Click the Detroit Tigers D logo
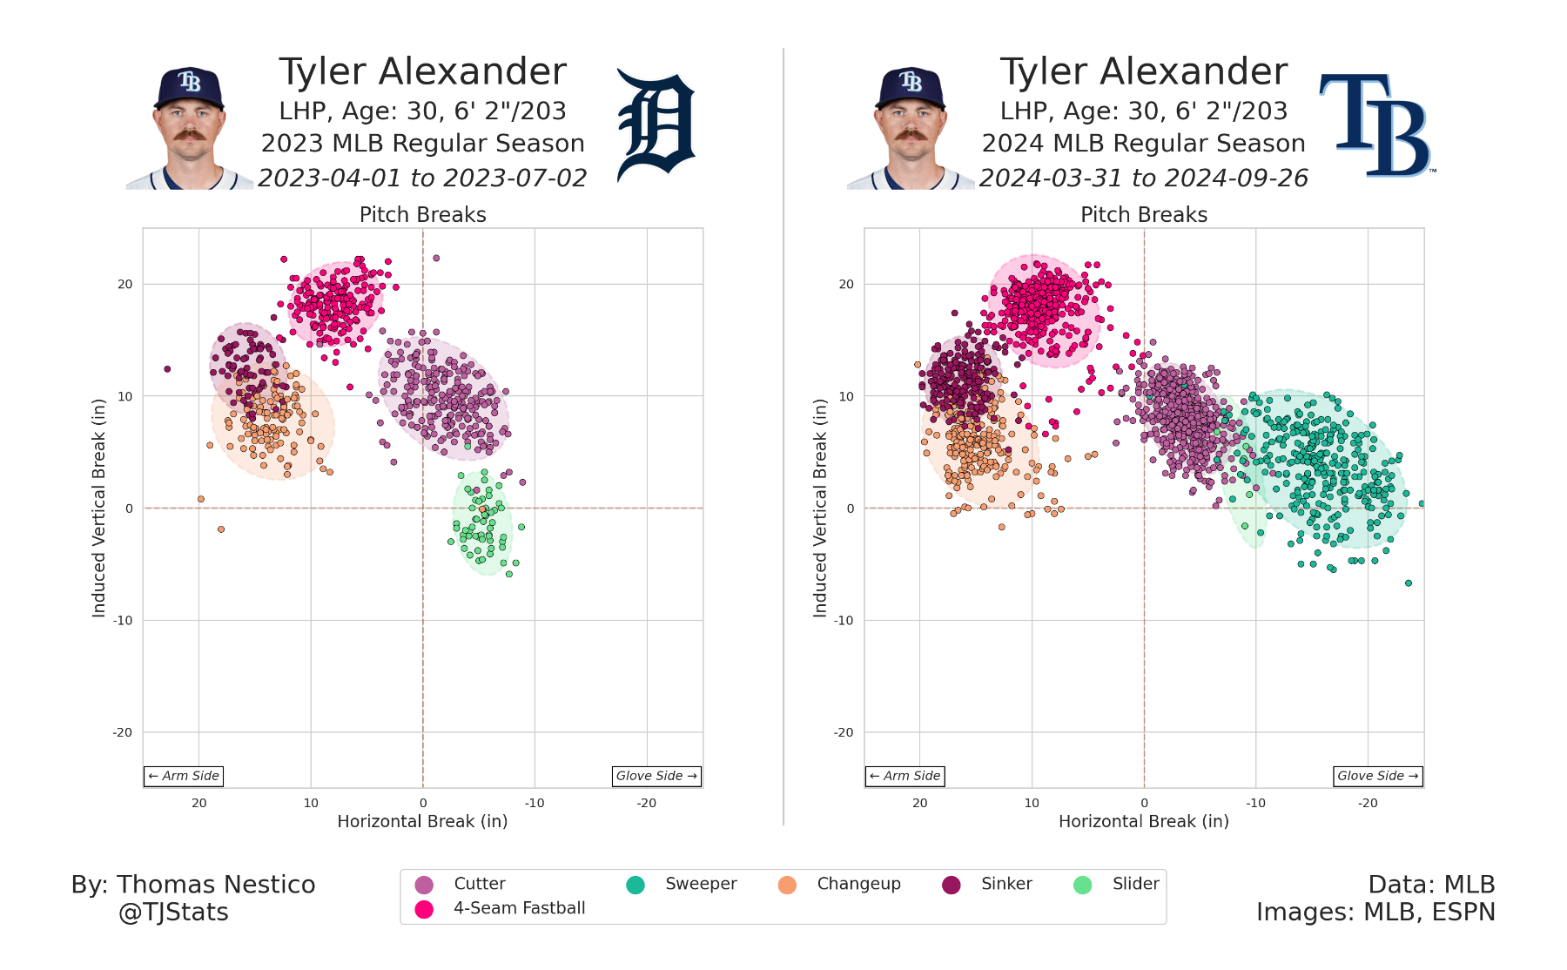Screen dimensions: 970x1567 (656, 127)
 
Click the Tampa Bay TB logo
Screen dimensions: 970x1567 (1375, 125)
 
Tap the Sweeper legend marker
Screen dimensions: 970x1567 (636, 885)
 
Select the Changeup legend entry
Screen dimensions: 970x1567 (857, 884)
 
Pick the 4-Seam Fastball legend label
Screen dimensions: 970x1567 (519, 908)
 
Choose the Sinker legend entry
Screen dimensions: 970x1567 (1005, 884)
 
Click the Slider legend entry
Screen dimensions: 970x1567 (1134, 884)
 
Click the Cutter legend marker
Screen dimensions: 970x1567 (424, 885)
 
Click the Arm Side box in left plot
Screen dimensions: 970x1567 (184, 776)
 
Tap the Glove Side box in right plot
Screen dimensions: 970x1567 (1378, 776)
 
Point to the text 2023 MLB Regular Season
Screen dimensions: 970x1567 (422, 144)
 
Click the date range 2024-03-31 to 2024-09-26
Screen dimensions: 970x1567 (1143, 179)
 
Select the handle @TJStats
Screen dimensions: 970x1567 (173, 913)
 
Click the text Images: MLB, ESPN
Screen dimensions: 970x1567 (1375, 913)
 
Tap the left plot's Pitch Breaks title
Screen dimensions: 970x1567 (422, 215)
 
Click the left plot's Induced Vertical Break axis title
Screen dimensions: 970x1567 (99, 508)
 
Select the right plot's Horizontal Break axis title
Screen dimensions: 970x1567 (1143, 821)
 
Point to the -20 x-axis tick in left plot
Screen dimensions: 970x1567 (646, 803)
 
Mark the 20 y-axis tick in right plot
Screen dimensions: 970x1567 (846, 285)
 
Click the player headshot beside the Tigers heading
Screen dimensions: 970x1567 (190, 129)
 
